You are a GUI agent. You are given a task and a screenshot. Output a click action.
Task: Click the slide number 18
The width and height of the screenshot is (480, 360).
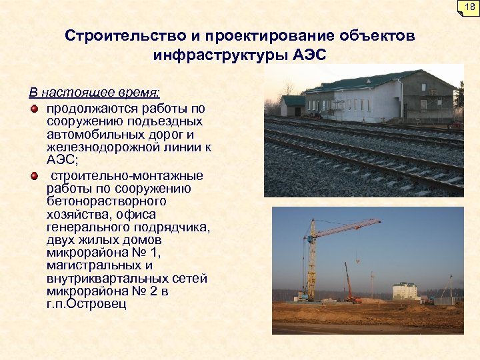tap(468, 7)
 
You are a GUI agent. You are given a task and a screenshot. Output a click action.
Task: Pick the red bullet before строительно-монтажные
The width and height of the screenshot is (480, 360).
tap(34, 175)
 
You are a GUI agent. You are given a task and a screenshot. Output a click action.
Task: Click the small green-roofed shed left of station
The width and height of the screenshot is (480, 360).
tap(292, 105)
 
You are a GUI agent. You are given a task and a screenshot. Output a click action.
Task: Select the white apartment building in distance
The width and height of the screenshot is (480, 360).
tap(404, 291)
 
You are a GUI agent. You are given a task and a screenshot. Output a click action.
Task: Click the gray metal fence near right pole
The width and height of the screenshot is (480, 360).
tap(443, 300)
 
